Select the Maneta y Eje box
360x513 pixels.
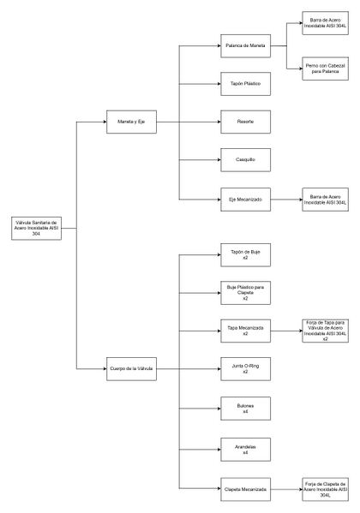click(x=130, y=122)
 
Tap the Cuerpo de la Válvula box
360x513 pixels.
click(x=130, y=369)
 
